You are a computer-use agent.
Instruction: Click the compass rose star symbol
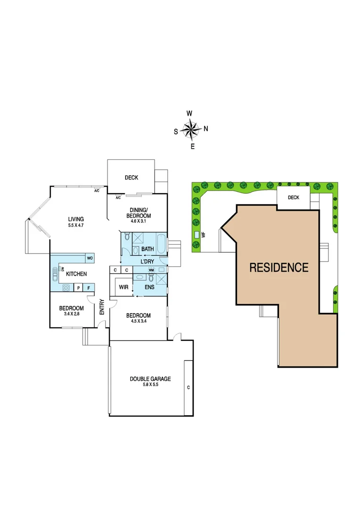tap(190, 129)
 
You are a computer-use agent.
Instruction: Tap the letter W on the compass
tap(189, 114)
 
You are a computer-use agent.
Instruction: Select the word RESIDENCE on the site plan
tap(278, 268)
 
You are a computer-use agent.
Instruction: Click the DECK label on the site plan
tap(294, 197)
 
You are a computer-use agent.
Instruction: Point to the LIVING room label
tap(76, 219)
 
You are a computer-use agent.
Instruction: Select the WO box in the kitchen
tap(90, 258)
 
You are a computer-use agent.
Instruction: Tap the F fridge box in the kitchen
tap(89, 287)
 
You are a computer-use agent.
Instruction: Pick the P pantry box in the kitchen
tap(77, 287)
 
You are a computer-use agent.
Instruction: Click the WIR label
tap(124, 287)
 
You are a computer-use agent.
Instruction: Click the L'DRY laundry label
tap(147, 261)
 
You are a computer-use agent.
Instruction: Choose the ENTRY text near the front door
tap(102, 307)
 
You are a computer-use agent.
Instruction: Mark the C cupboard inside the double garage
tap(188, 388)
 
